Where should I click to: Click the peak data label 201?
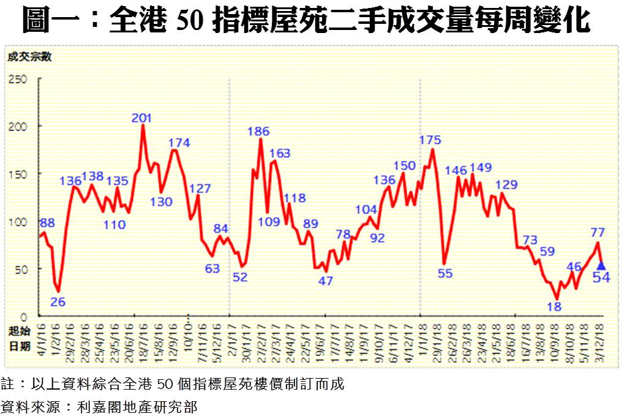[x=142, y=117]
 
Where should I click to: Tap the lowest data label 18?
[x=554, y=306]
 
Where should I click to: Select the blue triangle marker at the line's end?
[x=601, y=265]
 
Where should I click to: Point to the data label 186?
[x=258, y=131]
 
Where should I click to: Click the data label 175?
[x=430, y=140]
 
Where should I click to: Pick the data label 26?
[x=58, y=302]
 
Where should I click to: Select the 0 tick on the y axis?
[x=23, y=316]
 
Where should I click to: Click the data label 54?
[x=601, y=278]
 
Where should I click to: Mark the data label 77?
[x=598, y=232]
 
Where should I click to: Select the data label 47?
[x=326, y=281]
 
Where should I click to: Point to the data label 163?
[x=279, y=153]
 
